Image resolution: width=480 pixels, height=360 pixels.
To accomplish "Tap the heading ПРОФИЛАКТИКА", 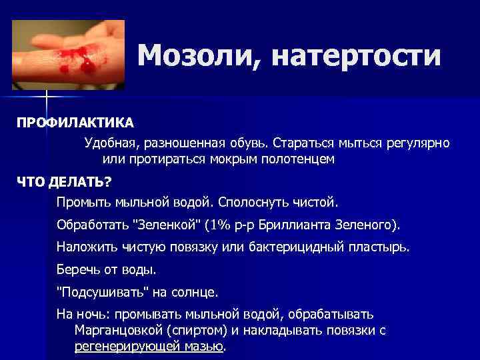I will [x=75, y=123].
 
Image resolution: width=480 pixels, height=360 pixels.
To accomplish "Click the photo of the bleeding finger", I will [x=69, y=54].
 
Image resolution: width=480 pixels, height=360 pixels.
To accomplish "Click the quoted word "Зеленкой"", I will [x=164, y=223].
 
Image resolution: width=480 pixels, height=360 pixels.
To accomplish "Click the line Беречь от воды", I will [x=107, y=269].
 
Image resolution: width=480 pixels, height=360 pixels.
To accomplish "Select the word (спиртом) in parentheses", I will [x=203, y=331].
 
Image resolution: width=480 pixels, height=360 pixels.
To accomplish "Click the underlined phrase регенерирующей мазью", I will [x=149, y=347].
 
